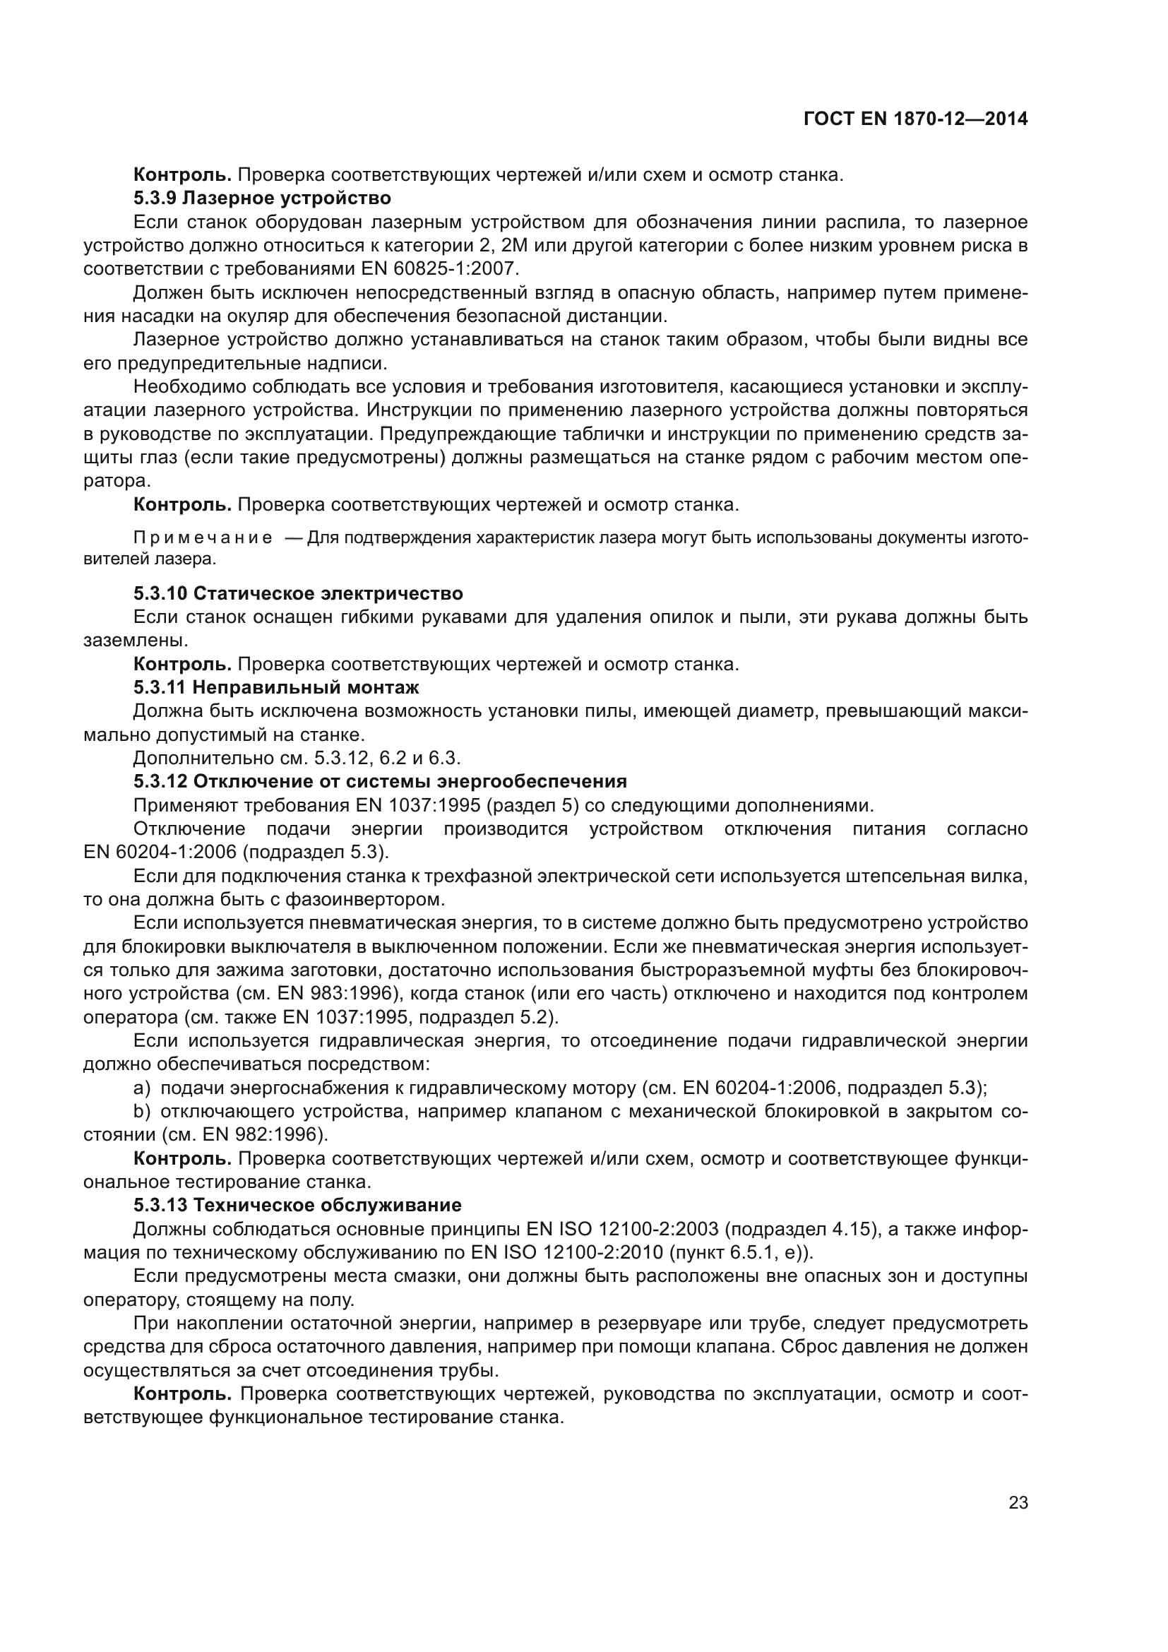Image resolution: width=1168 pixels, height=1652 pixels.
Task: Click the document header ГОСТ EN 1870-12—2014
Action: click(x=914, y=119)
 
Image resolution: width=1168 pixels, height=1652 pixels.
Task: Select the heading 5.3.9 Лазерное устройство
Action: click(x=262, y=198)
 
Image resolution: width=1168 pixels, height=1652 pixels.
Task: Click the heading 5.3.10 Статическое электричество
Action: click(x=298, y=593)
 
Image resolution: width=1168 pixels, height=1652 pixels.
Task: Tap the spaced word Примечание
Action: click(x=203, y=539)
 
